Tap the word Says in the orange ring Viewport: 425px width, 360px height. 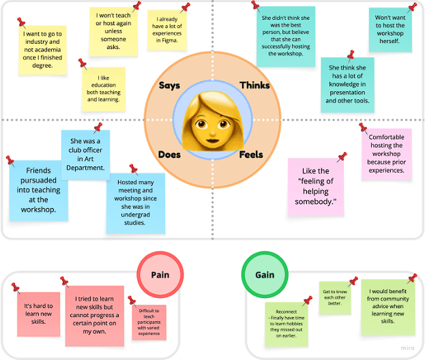pyautogui.click(x=169, y=86)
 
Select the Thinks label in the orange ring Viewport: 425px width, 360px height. pyautogui.click(x=254, y=85)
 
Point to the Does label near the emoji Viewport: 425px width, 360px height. pyautogui.click(x=169, y=155)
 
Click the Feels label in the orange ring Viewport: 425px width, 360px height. pyautogui.click(x=251, y=155)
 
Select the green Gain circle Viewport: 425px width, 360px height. pyautogui.click(x=265, y=275)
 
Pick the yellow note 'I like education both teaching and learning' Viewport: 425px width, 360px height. pyautogui.click(x=103, y=89)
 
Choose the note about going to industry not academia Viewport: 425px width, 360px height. pyautogui.click(x=43, y=50)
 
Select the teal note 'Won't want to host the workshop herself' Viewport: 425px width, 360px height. pyautogui.click(x=391, y=30)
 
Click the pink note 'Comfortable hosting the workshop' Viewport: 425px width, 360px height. pyautogui.click(x=386, y=154)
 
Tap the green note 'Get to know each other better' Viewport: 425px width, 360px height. pyautogui.click(x=335, y=298)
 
